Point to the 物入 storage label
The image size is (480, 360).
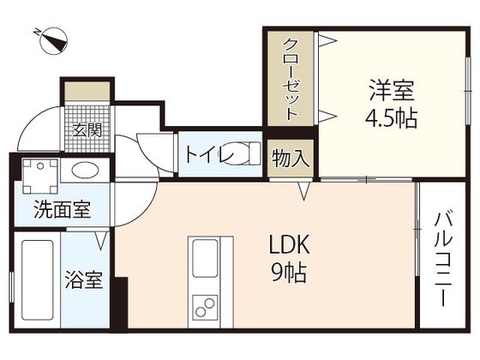pyautogui.click(x=290, y=159)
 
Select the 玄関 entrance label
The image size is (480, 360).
pyautogui.click(x=87, y=130)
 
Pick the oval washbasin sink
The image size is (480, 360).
pyautogui.click(x=86, y=169)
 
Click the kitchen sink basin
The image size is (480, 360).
pyautogui.click(x=207, y=258)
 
